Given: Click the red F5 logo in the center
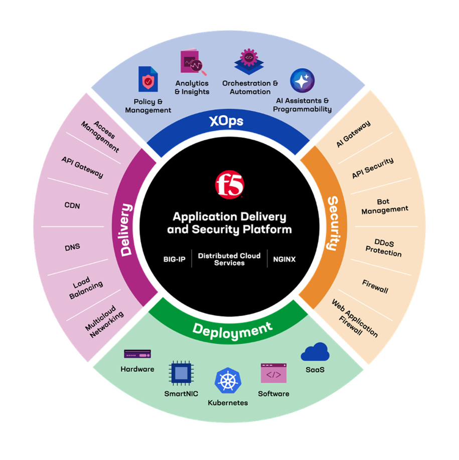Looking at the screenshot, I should pos(229,186).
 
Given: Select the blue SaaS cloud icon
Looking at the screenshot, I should pos(315,353).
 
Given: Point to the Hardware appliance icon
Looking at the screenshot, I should pos(137,354).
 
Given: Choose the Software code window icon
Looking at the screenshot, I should pos(273,374).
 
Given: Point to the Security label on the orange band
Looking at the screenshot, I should pos(332,223).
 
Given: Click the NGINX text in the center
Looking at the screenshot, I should pos(284,259).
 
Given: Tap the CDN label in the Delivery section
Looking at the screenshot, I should pos(72,206).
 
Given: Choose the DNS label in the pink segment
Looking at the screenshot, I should pos(72,247).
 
